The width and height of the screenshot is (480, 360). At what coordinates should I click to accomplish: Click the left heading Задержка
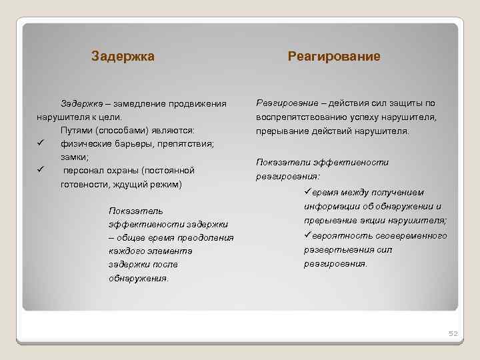(123, 57)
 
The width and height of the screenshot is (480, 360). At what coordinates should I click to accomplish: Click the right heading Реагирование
(334, 57)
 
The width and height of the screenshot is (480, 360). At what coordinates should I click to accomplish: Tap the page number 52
(452, 333)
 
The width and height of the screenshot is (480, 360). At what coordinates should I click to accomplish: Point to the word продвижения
(201, 104)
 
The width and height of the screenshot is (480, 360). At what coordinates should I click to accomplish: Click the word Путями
(75, 130)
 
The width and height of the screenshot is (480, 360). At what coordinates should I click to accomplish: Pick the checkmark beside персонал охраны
(41, 170)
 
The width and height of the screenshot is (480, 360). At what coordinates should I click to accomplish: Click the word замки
(74, 157)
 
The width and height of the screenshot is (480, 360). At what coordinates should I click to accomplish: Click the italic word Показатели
(280, 162)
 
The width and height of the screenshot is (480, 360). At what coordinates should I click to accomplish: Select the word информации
(331, 206)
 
